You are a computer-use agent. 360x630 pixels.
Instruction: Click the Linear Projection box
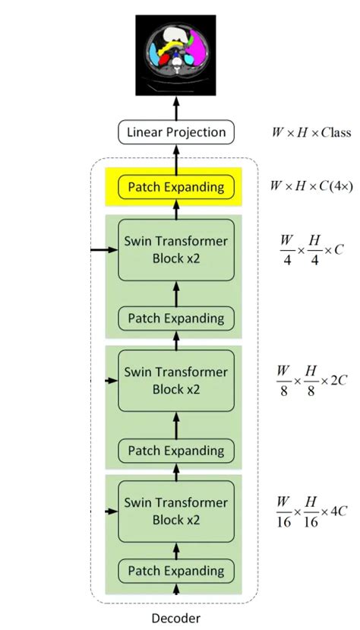click(x=176, y=132)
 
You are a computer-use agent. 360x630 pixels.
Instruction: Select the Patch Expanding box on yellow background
click(x=176, y=186)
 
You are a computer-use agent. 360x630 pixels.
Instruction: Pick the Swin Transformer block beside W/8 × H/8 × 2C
click(x=176, y=380)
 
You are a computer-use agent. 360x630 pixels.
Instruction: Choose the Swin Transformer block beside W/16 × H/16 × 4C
click(x=176, y=511)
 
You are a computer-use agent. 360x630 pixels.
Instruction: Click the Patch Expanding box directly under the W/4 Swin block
click(x=176, y=318)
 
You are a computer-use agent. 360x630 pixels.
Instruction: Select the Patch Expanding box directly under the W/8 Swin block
click(x=176, y=450)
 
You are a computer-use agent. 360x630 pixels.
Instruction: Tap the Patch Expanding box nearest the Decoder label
click(x=176, y=570)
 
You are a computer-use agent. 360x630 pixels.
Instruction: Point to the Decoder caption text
click(x=176, y=618)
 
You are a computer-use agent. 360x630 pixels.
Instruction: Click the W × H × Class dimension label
click(x=311, y=132)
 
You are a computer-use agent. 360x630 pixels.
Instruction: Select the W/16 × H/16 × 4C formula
click(x=311, y=511)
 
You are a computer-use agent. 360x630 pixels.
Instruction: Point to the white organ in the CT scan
click(x=176, y=34)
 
